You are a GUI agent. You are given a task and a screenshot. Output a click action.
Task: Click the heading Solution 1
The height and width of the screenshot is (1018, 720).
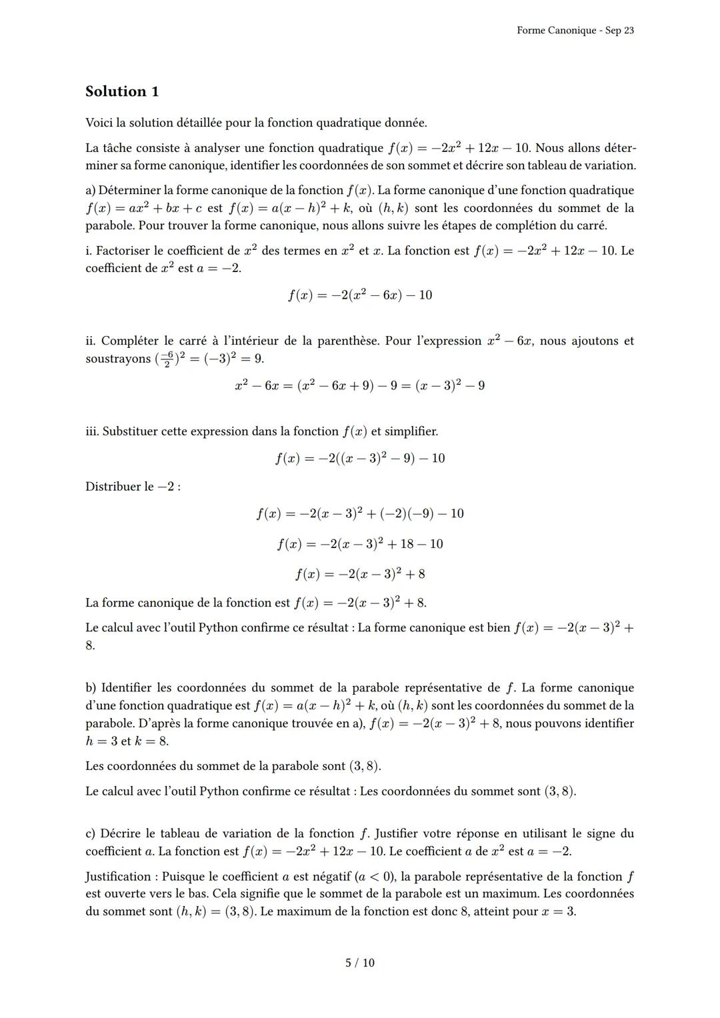[x=122, y=91]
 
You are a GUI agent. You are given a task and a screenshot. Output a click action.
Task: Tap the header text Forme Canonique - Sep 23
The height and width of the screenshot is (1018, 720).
[x=575, y=31]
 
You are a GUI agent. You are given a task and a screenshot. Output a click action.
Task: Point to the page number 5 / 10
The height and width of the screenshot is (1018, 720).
[x=359, y=963]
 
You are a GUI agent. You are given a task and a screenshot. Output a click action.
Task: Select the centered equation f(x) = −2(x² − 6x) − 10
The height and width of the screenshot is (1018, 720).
[x=359, y=295]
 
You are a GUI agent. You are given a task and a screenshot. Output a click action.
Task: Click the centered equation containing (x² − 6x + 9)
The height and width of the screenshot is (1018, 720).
[x=359, y=385]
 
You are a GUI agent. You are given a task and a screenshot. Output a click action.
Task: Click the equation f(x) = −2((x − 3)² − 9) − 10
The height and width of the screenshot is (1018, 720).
[x=359, y=458]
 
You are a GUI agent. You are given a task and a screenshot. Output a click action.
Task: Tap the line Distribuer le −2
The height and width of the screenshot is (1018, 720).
[x=133, y=487]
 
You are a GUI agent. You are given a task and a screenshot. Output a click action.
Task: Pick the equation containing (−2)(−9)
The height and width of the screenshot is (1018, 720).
[x=359, y=513]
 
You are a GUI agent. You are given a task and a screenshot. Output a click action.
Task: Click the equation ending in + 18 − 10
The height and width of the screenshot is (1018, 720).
[x=359, y=544]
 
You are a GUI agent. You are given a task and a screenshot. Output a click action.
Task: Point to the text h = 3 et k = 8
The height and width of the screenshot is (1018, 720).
[x=127, y=741]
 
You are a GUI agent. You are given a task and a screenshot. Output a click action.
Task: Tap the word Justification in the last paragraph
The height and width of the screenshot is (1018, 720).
[x=121, y=876]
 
